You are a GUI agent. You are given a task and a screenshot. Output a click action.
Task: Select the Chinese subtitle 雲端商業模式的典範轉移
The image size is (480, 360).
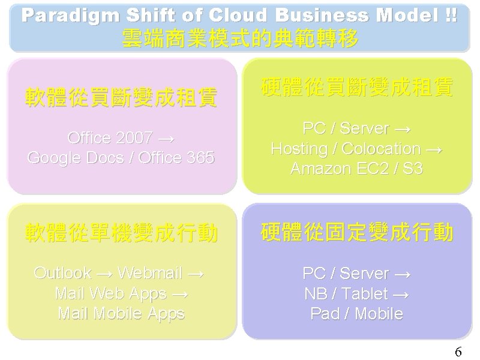point(240,39)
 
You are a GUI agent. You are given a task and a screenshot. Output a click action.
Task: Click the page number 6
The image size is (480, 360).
point(458,352)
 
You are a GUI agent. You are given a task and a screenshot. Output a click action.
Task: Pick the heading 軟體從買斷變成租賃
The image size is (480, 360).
point(121,97)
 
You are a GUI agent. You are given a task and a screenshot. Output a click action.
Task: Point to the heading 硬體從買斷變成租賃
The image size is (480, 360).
point(357,88)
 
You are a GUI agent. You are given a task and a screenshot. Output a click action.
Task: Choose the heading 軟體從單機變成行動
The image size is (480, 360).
point(121,233)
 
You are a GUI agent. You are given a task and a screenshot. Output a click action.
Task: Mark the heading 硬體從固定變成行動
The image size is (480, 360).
point(357,233)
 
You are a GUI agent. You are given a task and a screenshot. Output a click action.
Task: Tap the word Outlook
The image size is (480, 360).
point(62,274)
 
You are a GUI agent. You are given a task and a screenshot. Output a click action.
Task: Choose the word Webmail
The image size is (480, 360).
point(149,274)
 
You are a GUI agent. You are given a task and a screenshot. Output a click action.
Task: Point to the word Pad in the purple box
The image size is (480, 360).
point(323,313)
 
